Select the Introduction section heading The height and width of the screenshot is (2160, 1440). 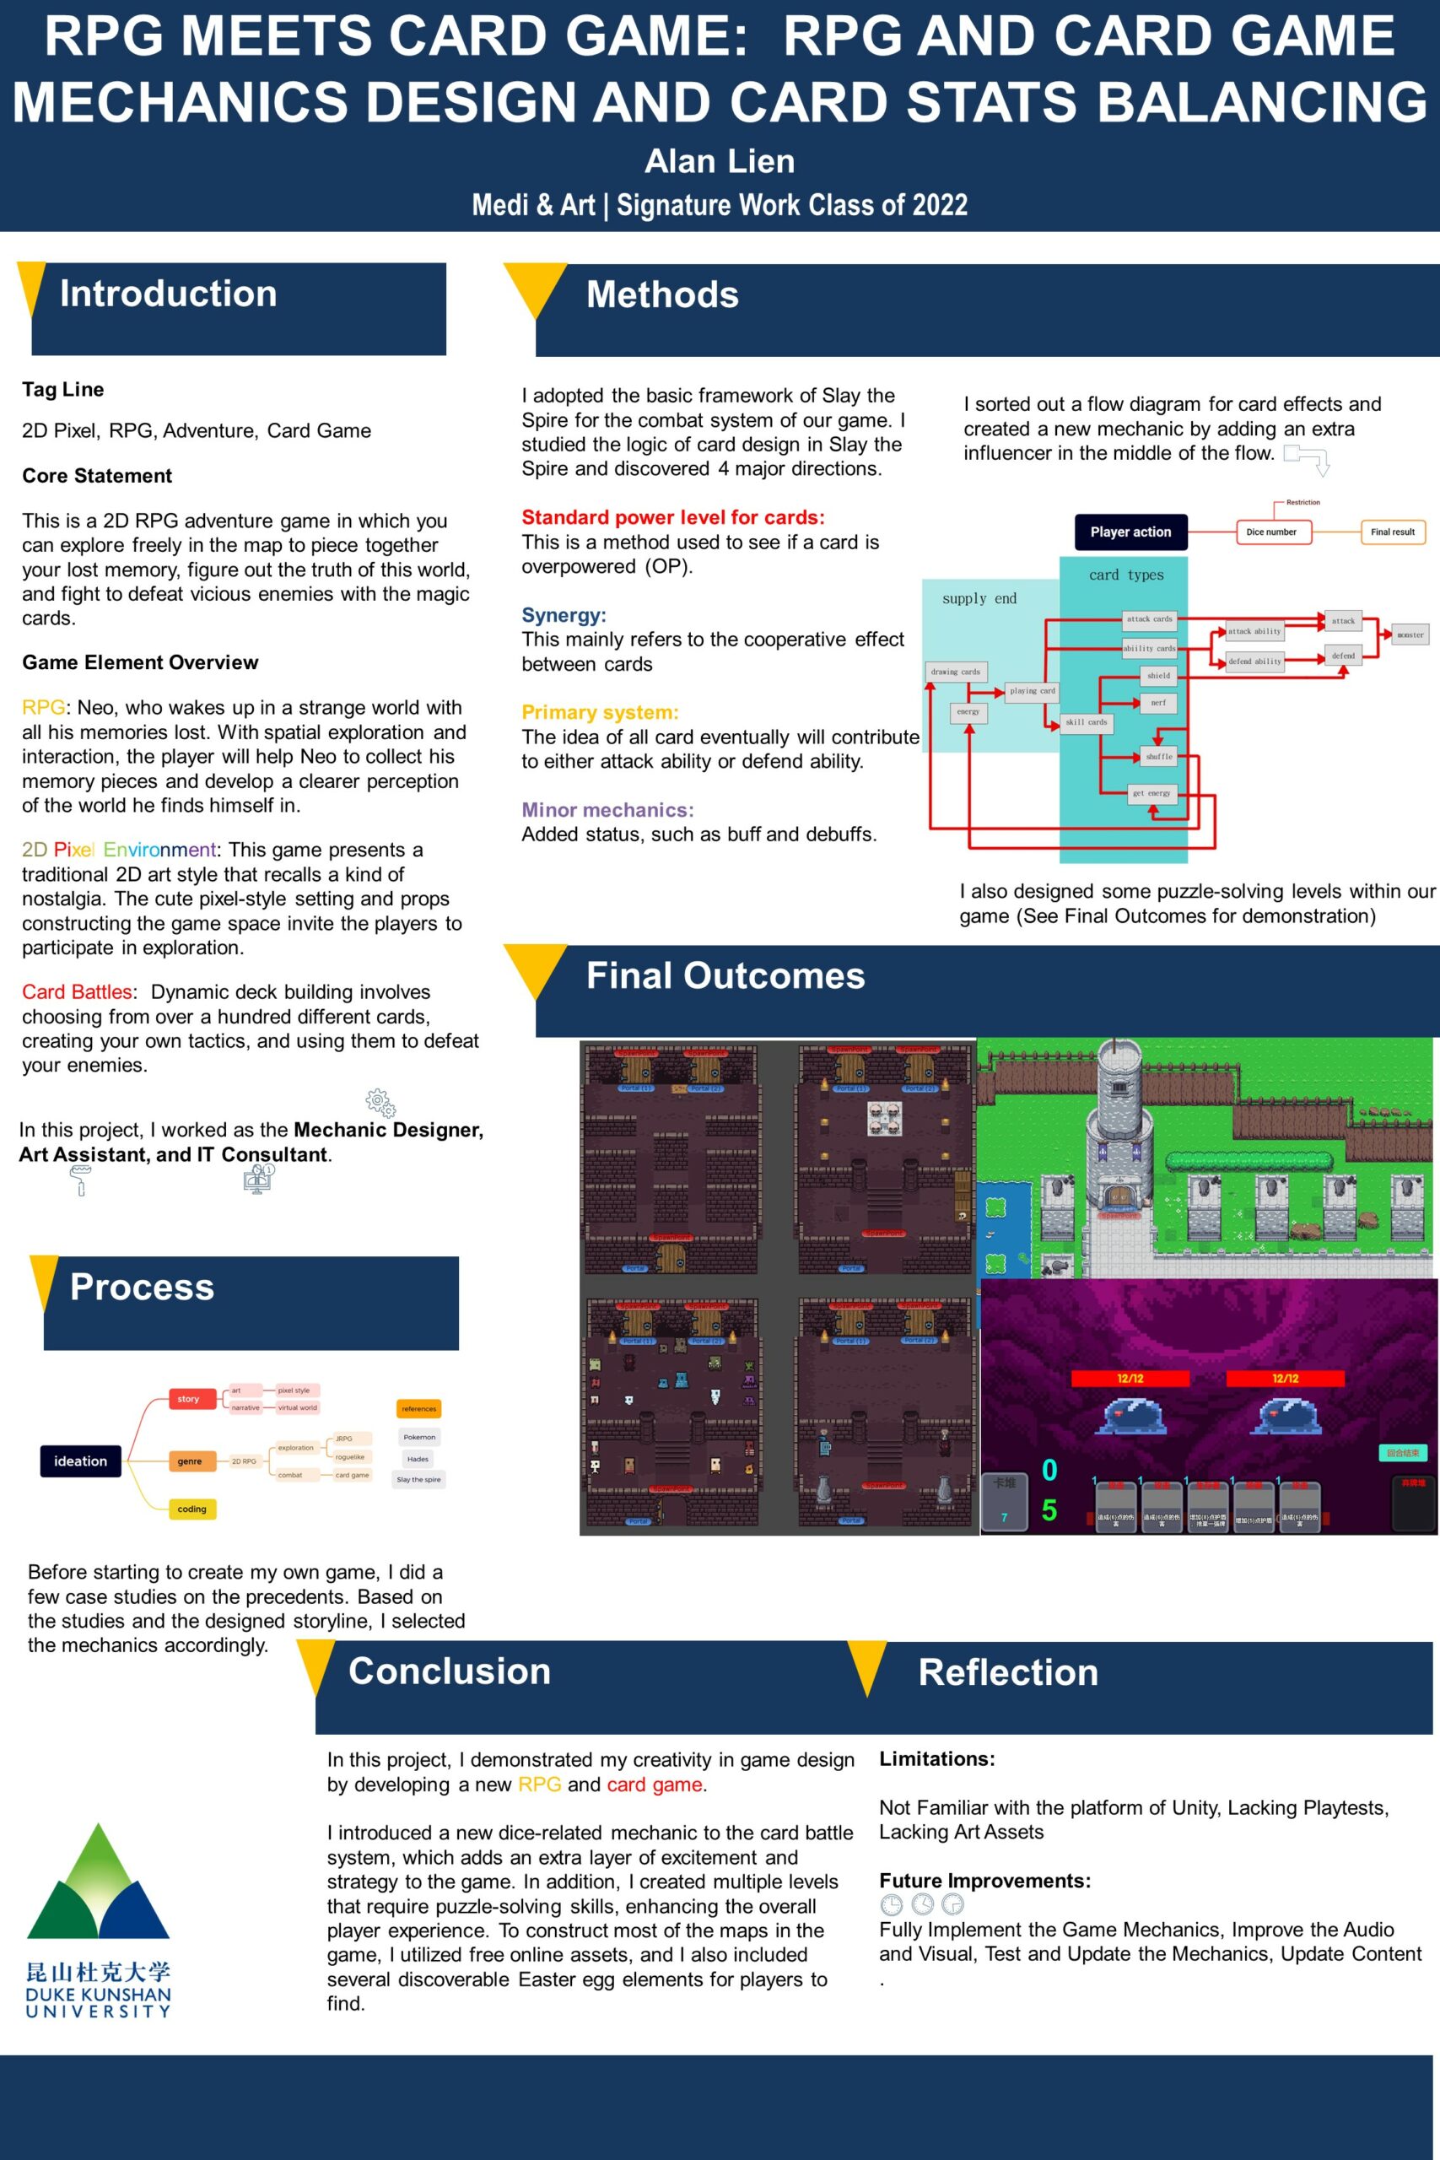(x=168, y=294)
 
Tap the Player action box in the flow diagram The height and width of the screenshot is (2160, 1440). (x=1130, y=532)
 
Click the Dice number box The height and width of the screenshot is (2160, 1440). (x=1271, y=532)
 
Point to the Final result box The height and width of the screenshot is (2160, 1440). (x=1392, y=532)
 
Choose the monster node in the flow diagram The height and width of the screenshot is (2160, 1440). (x=1410, y=634)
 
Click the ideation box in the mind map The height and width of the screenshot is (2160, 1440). (x=80, y=1461)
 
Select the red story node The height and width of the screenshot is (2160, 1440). (x=188, y=1399)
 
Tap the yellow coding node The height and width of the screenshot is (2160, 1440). (x=192, y=1509)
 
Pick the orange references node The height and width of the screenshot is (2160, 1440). (x=418, y=1409)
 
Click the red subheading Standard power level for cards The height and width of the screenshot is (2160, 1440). (x=673, y=517)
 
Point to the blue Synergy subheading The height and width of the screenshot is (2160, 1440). (x=564, y=615)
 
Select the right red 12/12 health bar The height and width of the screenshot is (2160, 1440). (x=1285, y=1379)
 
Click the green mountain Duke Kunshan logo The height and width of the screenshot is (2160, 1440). (x=98, y=1882)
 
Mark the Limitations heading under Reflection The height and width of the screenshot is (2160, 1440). (x=936, y=1758)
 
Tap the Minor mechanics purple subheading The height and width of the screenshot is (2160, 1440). (x=608, y=810)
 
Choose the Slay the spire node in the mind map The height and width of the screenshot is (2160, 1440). (x=418, y=1479)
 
